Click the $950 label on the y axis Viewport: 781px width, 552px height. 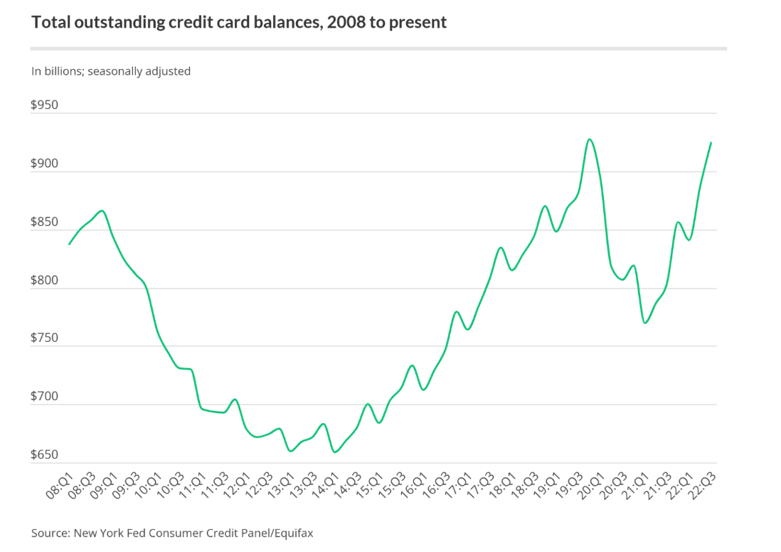44,105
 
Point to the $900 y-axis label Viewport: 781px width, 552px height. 44,163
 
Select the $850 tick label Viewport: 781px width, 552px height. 44,222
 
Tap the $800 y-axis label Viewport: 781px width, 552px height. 44,280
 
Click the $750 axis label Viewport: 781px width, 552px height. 44,338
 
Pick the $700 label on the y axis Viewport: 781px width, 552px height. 44,396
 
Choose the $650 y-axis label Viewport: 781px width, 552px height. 44,454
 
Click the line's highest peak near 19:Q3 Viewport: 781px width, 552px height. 589,139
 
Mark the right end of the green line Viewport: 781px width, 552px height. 711,142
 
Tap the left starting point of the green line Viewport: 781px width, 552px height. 69,244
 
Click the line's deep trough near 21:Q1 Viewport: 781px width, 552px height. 645,323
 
